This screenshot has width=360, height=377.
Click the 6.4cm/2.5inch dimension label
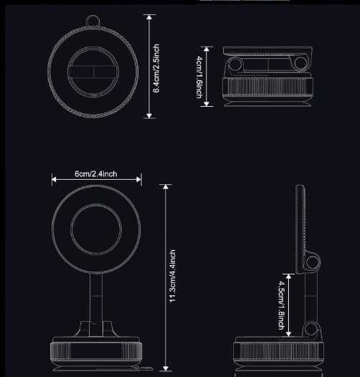tap(156, 67)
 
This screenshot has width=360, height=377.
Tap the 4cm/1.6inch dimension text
tap(199, 76)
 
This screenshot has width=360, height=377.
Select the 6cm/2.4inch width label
tap(96, 174)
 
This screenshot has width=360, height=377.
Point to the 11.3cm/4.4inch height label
tap(173, 276)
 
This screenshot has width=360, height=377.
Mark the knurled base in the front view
tap(96, 352)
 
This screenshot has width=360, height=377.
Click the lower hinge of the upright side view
tap(311, 329)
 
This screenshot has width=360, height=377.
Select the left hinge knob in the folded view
tap(235, 67)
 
